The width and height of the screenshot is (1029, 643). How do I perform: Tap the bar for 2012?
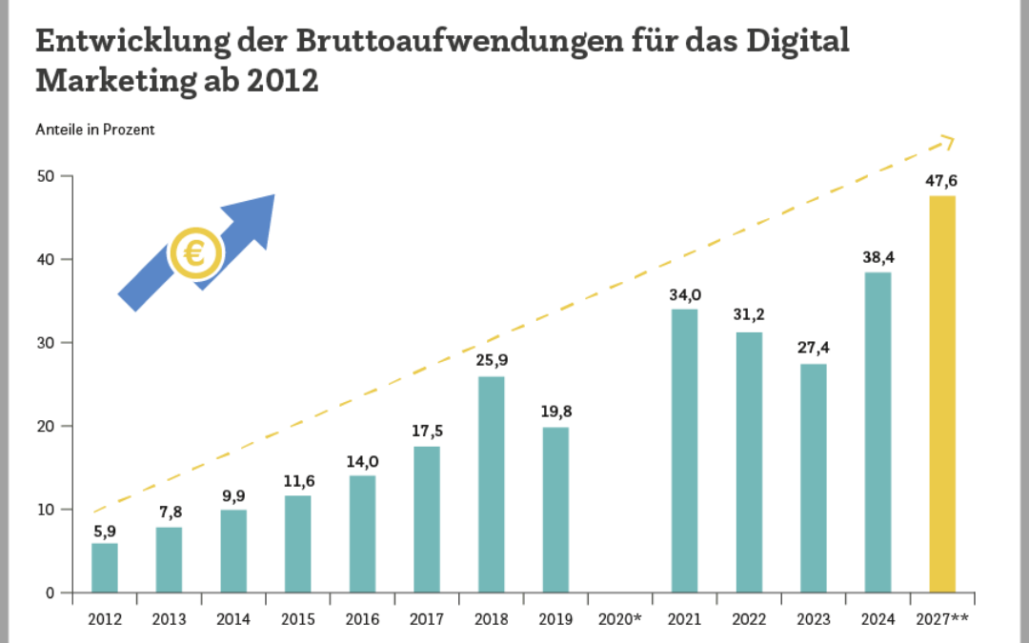tap(105, 568)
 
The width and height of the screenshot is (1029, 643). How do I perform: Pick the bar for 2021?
tap(684, 451)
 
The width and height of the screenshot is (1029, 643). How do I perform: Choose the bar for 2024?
tap(878, 432)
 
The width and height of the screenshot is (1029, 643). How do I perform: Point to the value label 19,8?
tap(555, 411)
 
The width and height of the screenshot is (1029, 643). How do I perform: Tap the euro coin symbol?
tap(195, 254)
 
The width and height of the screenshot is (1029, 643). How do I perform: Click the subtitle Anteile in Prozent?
tap(95, 130)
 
